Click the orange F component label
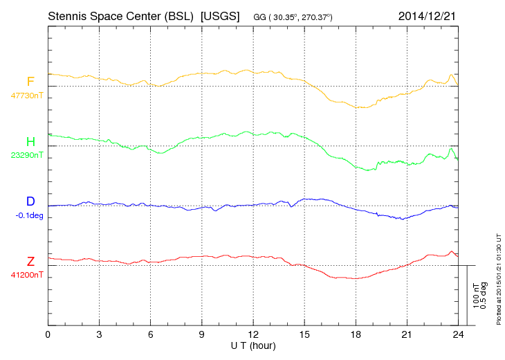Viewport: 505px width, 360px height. (x=30, y=82)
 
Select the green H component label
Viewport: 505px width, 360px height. (x=30, y=142)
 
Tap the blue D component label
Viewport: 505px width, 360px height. (x=30, y=201)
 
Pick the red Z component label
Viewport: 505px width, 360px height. (x=30, y=261)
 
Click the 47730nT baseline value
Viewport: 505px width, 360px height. (x=26, y=96)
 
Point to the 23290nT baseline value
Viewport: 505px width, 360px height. (x=26, y=155)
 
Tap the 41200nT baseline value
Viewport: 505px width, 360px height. (x=26, y=275)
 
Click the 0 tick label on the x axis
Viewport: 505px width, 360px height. (x=48, y=334)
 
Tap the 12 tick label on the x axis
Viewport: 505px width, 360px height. (x=253, y=334)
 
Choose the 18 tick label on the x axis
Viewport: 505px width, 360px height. (x=356, y=334)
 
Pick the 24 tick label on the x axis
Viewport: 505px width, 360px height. (x=458, y=334)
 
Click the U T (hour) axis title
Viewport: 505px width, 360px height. (x=253, y=345)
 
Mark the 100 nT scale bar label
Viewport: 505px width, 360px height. (x=476, y=296)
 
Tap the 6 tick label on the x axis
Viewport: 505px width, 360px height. (x=150, y=334)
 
